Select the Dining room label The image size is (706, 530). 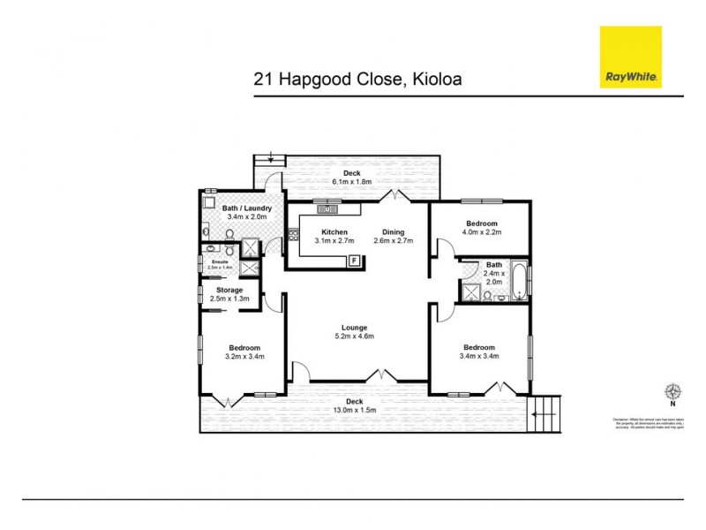click(394, 231)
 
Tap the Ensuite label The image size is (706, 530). click(219, 261)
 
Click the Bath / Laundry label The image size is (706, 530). click(235, 208)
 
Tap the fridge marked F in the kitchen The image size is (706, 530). click(354, 260)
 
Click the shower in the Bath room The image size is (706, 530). click(469, 293)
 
